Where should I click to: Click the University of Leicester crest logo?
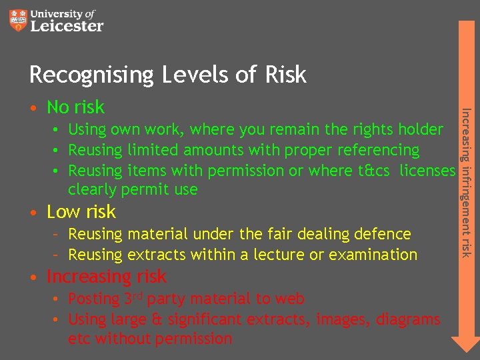pos(19,20)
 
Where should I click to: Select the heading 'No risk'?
pos(75,107)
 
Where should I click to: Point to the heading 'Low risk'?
pos(81,212)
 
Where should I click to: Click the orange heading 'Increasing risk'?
pos(106,276)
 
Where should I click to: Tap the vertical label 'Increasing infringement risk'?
pos(466,181)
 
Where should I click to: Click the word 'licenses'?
pos(427,171)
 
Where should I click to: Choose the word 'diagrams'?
pos(408,320)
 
